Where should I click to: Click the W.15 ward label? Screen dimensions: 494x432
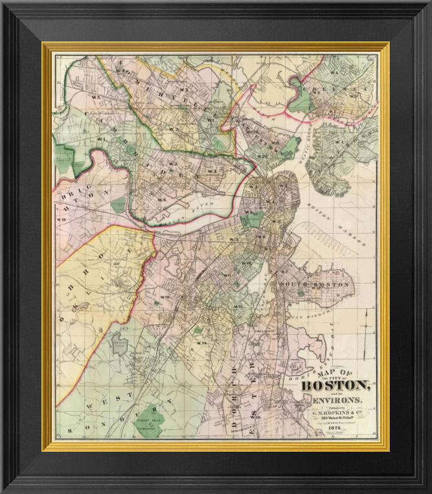click(163, 297)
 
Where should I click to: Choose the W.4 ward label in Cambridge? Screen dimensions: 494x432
click(161, 200)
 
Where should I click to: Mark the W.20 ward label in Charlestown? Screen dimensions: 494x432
click(262, 156)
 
